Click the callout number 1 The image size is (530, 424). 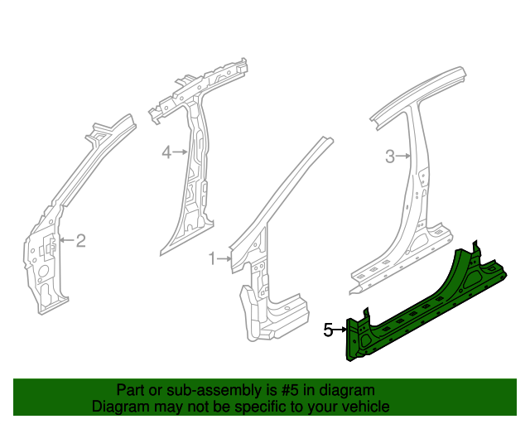click(x=211, y=259)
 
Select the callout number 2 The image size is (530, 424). click(x=81, y=241)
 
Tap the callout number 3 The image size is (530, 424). click(x=389, y=157)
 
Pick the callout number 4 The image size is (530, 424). click(x=166, y=152)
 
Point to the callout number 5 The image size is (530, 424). click(x=328, y=330)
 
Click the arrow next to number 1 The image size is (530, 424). click(x=224, y=260)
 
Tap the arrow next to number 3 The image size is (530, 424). click(x=404, y=157)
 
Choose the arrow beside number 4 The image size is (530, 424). click(x=181, y=152)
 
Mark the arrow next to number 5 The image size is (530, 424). click(x=340, y=330)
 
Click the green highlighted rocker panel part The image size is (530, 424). click(x=431, y=306)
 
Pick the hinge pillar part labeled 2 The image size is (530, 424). click(x=50, y=248)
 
